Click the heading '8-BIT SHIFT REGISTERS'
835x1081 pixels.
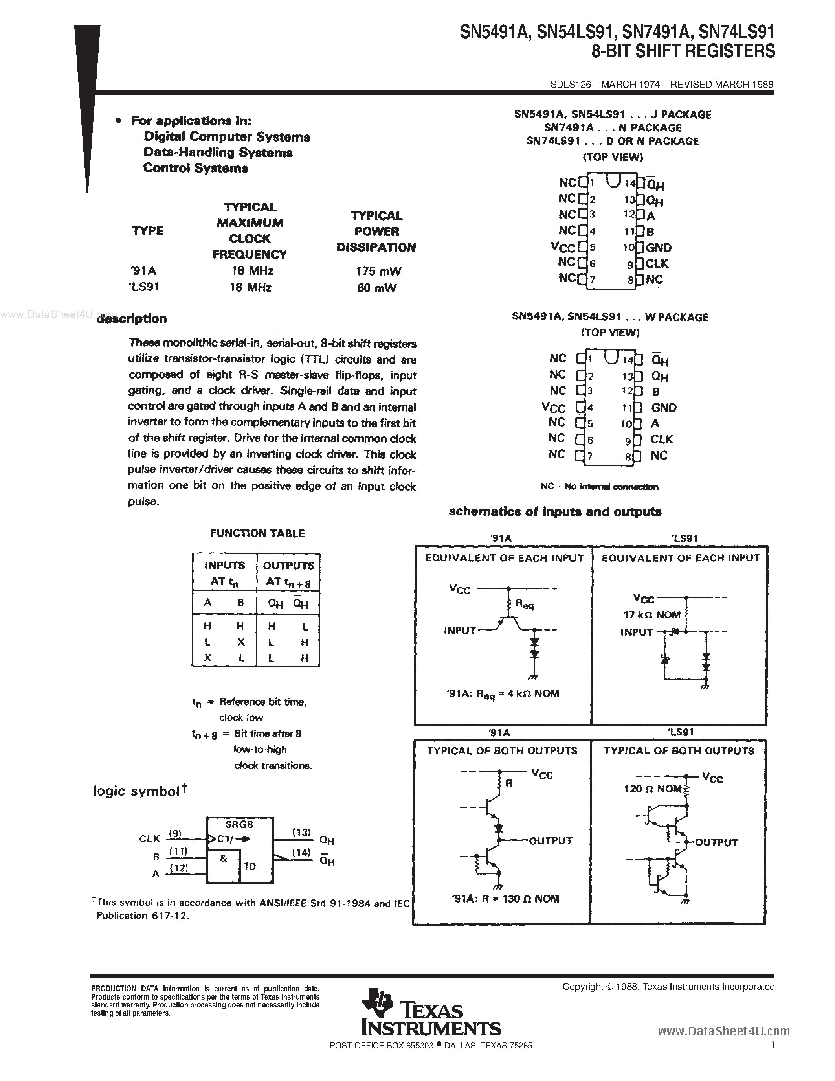(683, 51)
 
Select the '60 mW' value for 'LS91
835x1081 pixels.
(376, 288)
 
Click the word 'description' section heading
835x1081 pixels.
(132, 318)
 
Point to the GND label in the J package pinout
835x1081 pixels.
(659, 248)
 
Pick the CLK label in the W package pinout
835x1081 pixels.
(661, 439)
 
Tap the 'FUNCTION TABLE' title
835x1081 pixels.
(257, 533)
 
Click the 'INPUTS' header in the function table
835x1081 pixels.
(225, 565)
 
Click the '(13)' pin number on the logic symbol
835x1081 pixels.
(301, 833)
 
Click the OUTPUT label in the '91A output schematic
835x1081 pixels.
(551, 840)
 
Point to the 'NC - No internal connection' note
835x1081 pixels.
(599, 487)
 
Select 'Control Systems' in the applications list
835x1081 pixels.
(196, 168)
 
